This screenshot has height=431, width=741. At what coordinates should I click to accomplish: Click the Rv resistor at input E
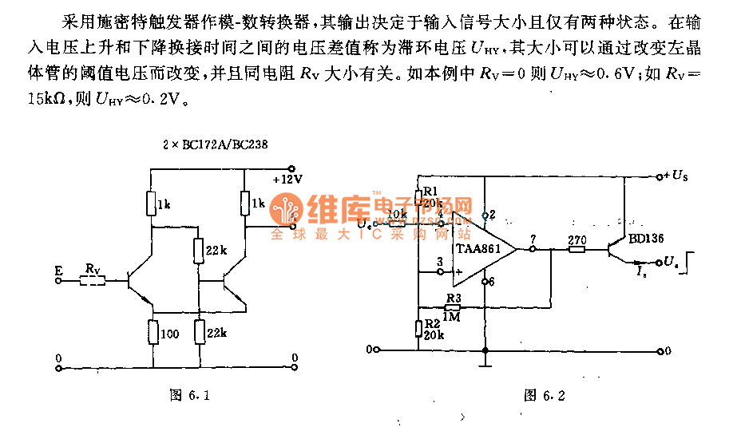coord(93,280)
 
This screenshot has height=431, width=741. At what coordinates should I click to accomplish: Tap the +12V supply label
coord(287,180)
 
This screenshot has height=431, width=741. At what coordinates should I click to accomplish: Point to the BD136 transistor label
coord(644,238)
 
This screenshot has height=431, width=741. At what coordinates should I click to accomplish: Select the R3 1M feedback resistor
coord(453,306)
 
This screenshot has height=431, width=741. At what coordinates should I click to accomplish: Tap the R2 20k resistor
coord(418,328)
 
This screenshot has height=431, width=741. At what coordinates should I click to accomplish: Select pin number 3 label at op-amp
coord(438,261)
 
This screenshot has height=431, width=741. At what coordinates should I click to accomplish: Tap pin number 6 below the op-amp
coord(491,282)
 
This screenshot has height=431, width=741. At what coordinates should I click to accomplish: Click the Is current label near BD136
coord(642,272)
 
